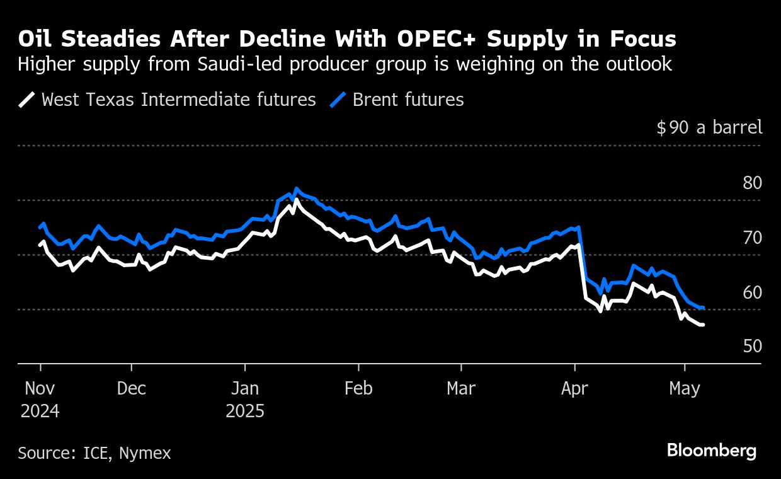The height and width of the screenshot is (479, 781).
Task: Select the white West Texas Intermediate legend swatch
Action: coord(27,100)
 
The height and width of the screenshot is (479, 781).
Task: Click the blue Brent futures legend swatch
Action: coord(338,100)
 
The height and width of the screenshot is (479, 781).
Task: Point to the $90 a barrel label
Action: coord(709,127)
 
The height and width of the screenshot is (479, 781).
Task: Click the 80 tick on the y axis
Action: coord(752,183)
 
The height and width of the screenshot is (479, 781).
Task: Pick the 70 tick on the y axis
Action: coord(752,238)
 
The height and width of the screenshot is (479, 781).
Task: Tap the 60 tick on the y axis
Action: coord(752,292)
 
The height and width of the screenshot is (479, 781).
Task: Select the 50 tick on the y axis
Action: coord(752,347)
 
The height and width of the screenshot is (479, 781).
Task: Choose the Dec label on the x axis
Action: coord(131,389)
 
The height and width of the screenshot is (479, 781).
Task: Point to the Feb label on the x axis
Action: coord(358,389)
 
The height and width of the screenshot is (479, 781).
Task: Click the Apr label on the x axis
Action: coord(574,389)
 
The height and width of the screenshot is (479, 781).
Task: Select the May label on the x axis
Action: coord(685,389)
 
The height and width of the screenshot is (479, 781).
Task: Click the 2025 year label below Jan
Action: coord(245,412)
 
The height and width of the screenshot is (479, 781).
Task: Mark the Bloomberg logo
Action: coord(712,451)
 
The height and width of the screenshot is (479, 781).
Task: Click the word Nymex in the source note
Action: coord(145,453)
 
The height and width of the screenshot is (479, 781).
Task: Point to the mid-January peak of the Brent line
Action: coord(297,188)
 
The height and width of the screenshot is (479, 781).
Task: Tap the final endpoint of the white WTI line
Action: coord(702,325)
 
